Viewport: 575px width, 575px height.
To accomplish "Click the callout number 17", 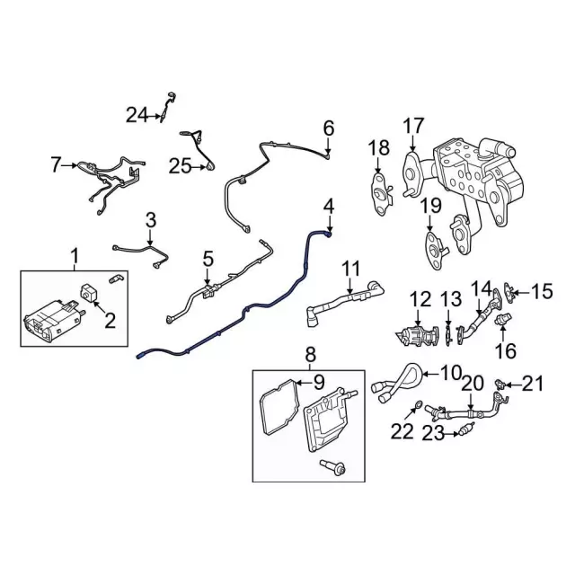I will coord(412,126).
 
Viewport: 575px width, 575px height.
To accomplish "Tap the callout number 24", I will coord(136,114).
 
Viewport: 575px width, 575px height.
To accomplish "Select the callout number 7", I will coord(56,164).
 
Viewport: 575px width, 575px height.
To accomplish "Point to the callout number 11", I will coord(350,268).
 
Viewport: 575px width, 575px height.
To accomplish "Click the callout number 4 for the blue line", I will coord(329,207).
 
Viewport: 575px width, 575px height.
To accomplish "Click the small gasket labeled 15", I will coord(510,289).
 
